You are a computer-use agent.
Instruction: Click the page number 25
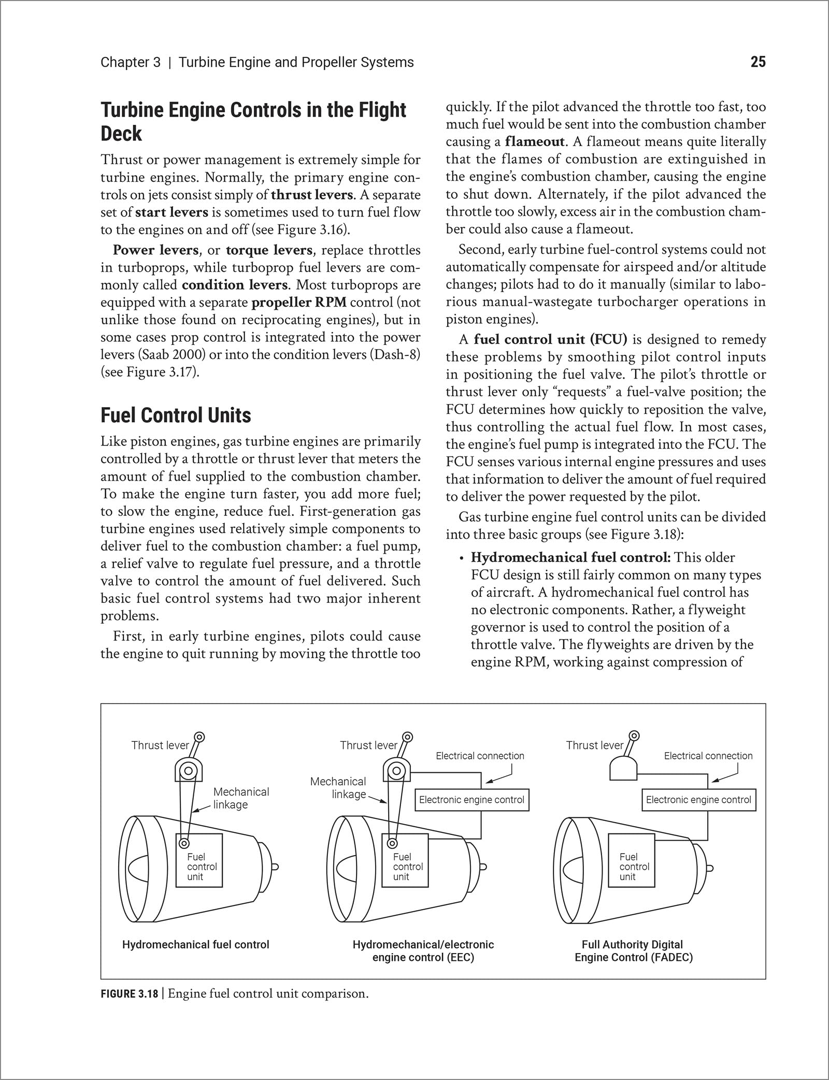point(757,62)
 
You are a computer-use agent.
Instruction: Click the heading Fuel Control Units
point(176,415)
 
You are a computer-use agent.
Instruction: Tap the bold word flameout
point(535,141)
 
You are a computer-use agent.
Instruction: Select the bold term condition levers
point(234,285)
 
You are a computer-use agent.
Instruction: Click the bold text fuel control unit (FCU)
point(550,339)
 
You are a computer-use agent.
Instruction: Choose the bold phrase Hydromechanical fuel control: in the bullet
point(570,557)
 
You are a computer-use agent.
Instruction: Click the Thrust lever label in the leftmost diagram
point(160,745)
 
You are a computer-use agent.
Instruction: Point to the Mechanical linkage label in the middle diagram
point(338,787)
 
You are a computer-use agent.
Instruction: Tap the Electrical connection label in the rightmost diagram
point(708,756)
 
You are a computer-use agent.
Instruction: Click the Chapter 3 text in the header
point(131,62)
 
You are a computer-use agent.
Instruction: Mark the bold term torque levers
point(269,250)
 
